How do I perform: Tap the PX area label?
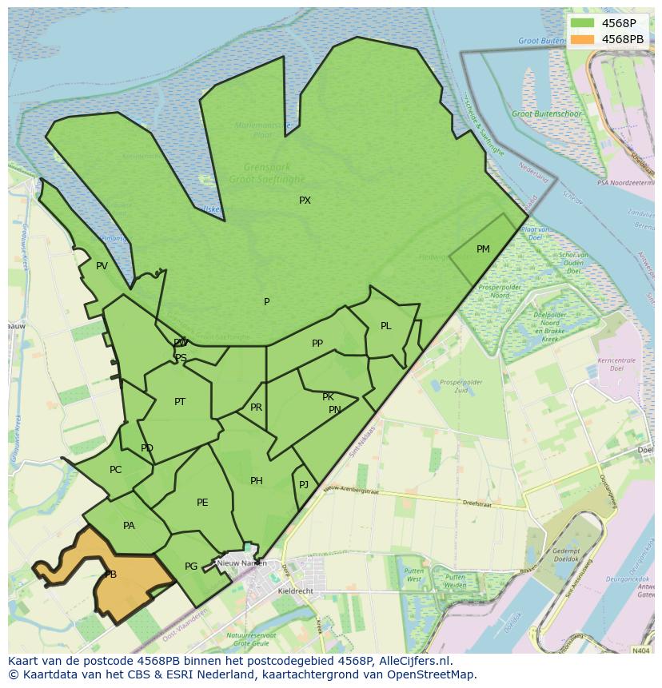pyautogui.click(x=305, y=201)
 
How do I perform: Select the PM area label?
pyautogui.click(x=483, y=249)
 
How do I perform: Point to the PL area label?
pyautogui.click(x=386, y=326)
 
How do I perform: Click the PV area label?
pyautogui.click(x=102, y=266)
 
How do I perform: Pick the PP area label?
pyautogui.click(x=317, y=344)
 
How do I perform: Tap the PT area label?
pyautogui.click(x=180, y=402)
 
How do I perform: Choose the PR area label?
pyautogui.click(x=256, y=408)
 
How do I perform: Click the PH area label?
pyautogui.click(x=256, y=481)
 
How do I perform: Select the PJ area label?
pyautogui.click(x=304, y=485)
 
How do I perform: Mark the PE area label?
pyautogui.click(x=202, y=503)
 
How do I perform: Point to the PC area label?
pyautogui.click(x=116, y=470)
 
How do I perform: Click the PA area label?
pyautogui.click(x=129, y=526)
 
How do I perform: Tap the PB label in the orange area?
pyautogui.click(x=110, y=575)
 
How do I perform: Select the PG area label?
pyautogui.click(x=191, y=567)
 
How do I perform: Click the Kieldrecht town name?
pyautogui.click(x=296, y=591)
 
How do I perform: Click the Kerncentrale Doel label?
pyautogui.click(x=616, y=364)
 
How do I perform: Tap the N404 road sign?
pyautogui.click(x=640, y=650)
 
